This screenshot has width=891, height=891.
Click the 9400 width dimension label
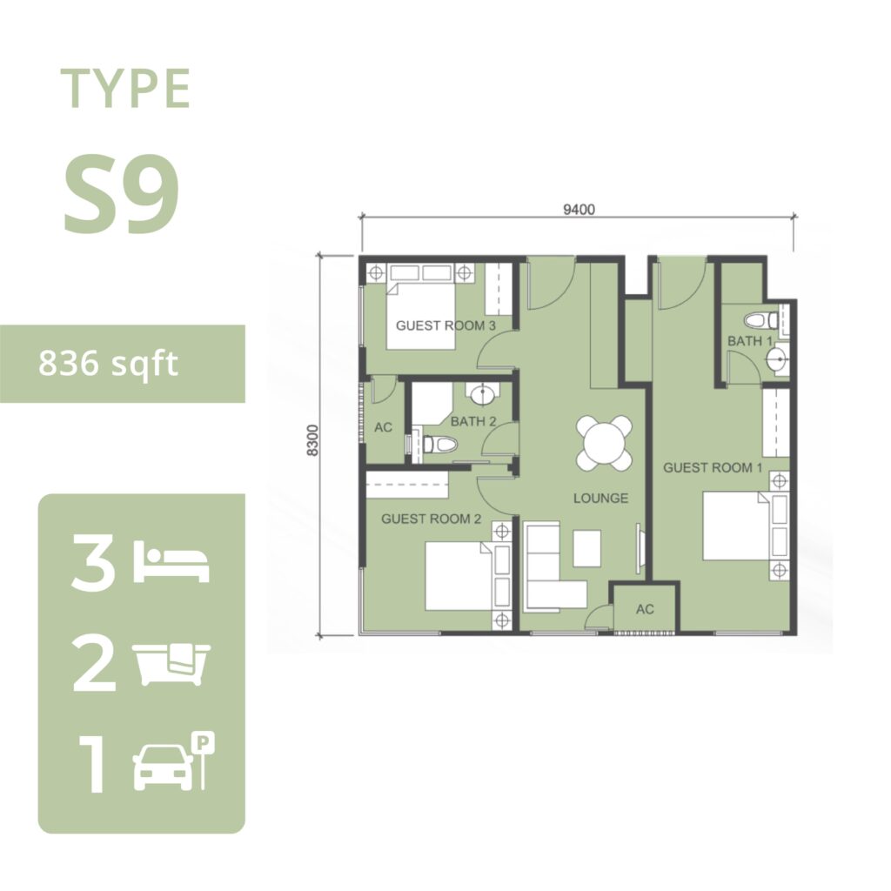(579, 210)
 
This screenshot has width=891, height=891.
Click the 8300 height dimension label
(312, 440)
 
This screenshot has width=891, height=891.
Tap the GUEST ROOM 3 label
(445, 325)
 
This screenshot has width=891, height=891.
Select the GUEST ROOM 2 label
(431, 519)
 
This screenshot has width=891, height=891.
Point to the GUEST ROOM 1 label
(713, 467)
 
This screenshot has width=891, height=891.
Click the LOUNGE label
(600, 499)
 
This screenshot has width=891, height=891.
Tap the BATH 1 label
(749, 341)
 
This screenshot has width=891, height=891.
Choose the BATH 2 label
(472, 422)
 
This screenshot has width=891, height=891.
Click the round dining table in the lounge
(604, 443)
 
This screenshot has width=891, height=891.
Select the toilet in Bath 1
(760, 320)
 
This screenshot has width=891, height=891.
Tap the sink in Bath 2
(482, 393)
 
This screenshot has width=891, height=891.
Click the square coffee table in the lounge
(587, 548)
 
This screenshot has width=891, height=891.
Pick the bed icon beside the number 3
(171, 562)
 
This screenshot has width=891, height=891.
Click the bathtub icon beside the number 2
(171, 663)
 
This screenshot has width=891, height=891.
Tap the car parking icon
(174, 761)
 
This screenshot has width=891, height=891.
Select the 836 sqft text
(108, 364)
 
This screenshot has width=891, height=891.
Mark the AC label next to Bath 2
(383, 427)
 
